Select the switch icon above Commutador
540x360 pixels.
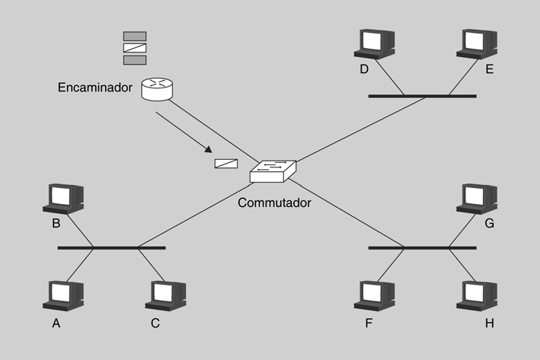[273, 171]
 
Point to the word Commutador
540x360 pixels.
[274, 203]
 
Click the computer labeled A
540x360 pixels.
[63, 295]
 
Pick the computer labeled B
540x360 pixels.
[63, 198]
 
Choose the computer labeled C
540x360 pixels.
[165, 295]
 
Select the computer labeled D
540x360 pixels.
[374, 43]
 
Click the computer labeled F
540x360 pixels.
[374, 295]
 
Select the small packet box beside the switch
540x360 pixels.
[226, 163]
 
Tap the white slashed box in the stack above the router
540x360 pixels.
[135, 48]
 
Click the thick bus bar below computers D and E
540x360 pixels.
[422, 96]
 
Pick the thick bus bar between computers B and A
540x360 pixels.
[111, 247]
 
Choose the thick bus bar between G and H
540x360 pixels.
[422, 247]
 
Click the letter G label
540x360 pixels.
[489, 223]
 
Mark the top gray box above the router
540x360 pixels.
[135, 36]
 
